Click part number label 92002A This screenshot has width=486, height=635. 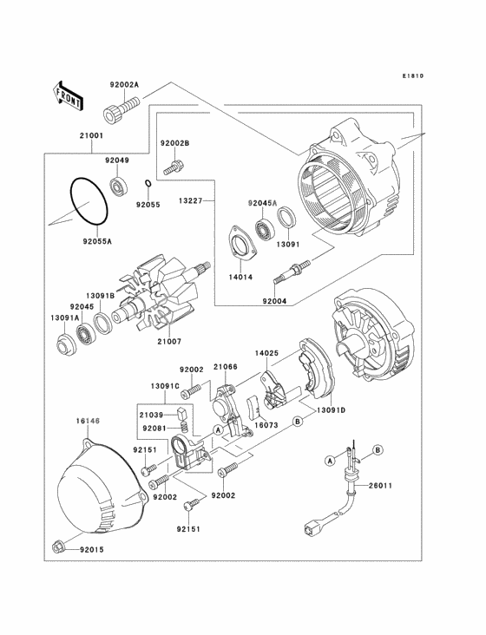pyautogui.click(x=124, y=85)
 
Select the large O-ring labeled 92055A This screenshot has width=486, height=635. pyautogui.click(x=89, y=200)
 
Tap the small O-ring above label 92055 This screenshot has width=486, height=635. pyautogui.click(x=148, y=183)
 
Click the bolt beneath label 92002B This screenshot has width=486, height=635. pyautogui.click(x=174, y=167)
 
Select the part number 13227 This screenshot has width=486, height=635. pyautogui.click(x=190, y=200)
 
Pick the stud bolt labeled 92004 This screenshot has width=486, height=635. pyautogui.click(x=292, y=270)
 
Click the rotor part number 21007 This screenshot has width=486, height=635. pyautogui.click(x=169, y=342)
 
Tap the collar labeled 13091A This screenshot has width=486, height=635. pyautogui.click(x=65, y=344)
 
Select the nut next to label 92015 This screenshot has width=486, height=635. pyautogui.click(x=57, y=547)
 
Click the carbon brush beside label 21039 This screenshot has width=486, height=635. pyautogui.click(x=182, y=414)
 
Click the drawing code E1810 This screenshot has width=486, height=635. pyautogui.click(x=413, y=75)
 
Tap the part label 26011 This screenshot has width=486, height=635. pyautogui.click(x=380, y=486)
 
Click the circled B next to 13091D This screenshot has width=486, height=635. pyautogui.click(x=298, y=422)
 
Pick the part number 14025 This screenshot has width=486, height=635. pyautogui.click(x=266, y=353)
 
